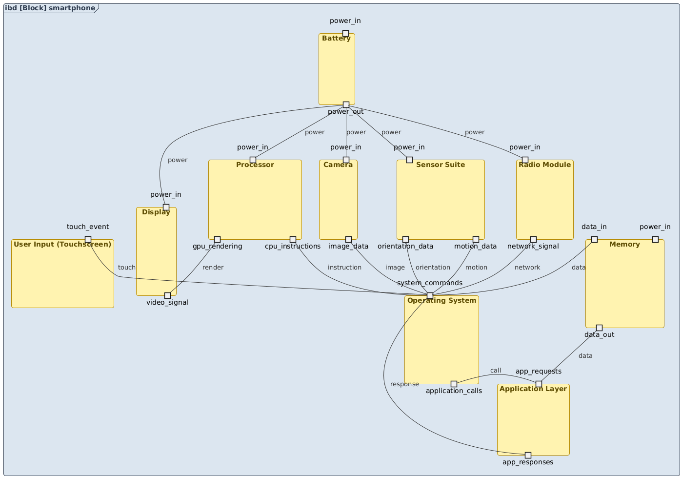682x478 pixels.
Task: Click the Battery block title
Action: [x=337, y=39]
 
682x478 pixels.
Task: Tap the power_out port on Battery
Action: [x=346, y=104]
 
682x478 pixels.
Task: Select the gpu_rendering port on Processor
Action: [x=218, y=239]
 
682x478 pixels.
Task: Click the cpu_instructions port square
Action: [x=293, y=239]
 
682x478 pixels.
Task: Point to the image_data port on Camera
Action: [x=348, y=239]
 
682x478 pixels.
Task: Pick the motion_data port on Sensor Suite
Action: [x=476, y=239]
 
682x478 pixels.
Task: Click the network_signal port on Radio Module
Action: [x=533, y=239]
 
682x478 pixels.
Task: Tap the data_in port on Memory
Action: [x=594, y=239]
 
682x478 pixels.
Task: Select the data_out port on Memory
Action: [x=600, y=328]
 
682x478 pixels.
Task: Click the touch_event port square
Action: [x=88, y=239]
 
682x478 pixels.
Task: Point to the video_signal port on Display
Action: [x=167, y=295]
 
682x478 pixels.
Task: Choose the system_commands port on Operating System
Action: [x=430, y=295]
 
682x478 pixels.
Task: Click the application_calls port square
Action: [x=454, y=384]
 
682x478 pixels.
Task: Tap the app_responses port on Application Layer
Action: [x=528, y=455]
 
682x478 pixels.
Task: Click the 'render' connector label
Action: [x=213, y=268]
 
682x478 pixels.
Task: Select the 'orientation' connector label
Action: [x=433, y=268]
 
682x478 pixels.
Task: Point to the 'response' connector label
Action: [x=404, y=384]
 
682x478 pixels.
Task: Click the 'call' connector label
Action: [x=496, y=371]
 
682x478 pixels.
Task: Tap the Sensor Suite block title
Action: [x=441, y=165]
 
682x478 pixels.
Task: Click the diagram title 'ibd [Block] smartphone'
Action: [x=50, y=8]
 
